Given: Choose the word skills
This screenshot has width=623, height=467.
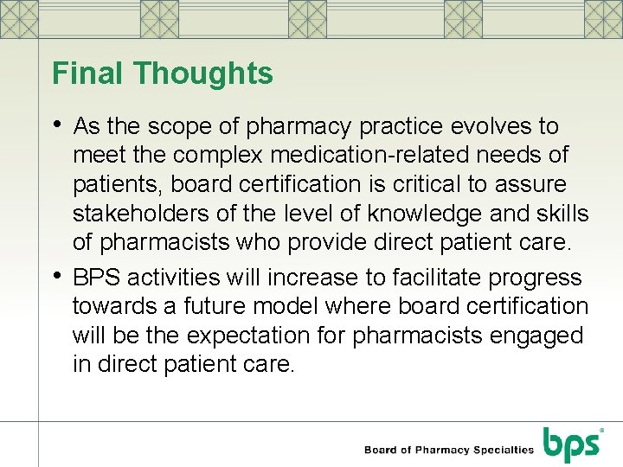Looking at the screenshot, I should [x=557, y=214].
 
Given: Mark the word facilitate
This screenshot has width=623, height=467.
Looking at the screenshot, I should [x=427, y=278].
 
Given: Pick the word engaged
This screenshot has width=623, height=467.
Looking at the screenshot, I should [x=538, y=336].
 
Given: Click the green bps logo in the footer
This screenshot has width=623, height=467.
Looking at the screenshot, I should [x=572, y=445].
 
